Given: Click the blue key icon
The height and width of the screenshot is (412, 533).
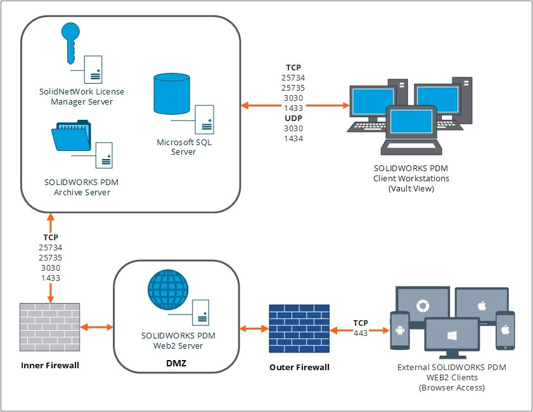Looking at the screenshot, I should click(70, 42).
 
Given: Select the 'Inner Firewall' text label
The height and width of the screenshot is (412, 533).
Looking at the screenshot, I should click(50, 365).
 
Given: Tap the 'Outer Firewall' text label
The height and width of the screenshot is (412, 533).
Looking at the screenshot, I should click(299, 367).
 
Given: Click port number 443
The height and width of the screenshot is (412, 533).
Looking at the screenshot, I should click(361, 332).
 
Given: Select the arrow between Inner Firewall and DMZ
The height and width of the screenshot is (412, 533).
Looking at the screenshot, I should click(96, 328).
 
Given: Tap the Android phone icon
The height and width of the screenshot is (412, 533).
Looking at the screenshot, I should click(400, 330).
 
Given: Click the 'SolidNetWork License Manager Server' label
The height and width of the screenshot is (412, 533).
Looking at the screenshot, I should click(81, 96).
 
